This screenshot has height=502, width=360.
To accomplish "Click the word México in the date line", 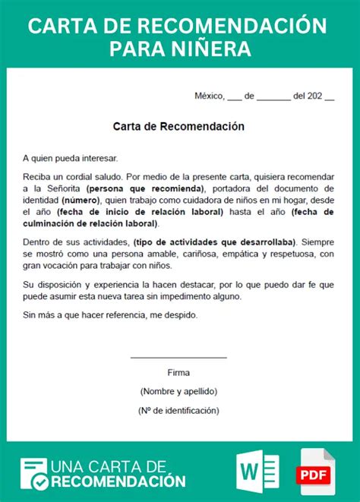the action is [210, 96].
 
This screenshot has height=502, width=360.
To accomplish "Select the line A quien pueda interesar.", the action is [71, 158].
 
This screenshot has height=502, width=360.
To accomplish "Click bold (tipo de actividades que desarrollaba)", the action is [214, 242].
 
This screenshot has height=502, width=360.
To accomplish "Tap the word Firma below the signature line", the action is [178, 373].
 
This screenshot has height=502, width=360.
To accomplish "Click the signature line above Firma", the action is [178, 357].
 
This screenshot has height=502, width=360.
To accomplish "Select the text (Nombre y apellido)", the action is [178, 391].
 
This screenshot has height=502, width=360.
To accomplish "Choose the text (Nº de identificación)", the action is [178, 410].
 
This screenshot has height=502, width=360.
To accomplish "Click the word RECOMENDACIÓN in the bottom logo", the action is [118, 481].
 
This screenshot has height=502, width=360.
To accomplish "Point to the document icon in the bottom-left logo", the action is [33, 472].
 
